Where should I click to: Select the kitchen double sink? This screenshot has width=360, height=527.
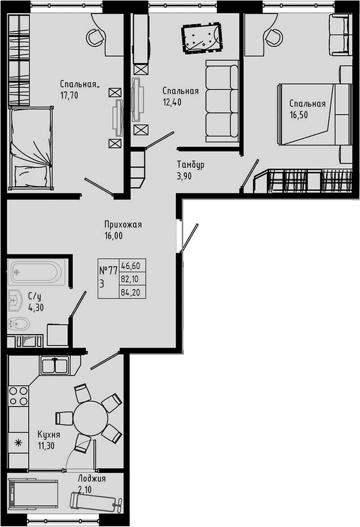coord(55,365)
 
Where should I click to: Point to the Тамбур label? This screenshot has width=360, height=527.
coord(190,165)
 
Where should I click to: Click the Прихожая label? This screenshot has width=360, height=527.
coord(123,225)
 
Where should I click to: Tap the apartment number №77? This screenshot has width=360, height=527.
coord(108,270)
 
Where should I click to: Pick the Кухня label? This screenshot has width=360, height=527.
coord(49,435)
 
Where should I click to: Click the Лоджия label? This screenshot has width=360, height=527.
coord(92,479)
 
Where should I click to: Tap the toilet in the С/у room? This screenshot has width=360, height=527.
coord(19,324)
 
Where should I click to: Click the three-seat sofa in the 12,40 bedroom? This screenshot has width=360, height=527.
coord(222,101)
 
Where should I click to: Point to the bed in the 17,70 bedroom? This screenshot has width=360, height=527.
coord(31,147)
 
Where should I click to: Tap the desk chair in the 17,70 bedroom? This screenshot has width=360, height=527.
coord(95,36)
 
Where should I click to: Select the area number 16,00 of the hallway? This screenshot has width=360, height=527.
coord(113,236)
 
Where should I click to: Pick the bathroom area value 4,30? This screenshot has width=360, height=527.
coord(36,307)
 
